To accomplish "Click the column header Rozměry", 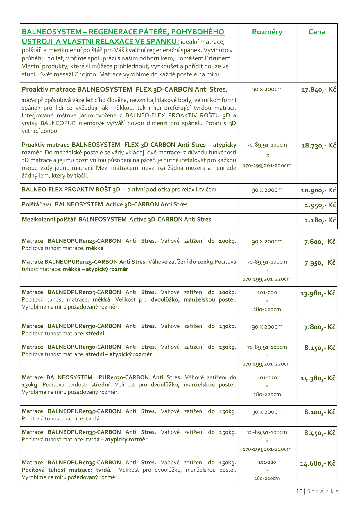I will coord(267,32).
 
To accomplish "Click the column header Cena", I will coord(317,32).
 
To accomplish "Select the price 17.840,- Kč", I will coord(318,90).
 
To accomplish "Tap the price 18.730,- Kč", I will coord(318,145).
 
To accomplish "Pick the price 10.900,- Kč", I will coord(318,190).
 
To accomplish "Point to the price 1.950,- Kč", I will coord(320,206).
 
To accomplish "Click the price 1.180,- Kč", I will coord(320,220).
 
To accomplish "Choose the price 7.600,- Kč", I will coord(320,242).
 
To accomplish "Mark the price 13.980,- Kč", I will coord(318,293).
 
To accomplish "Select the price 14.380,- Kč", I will coord(318,378).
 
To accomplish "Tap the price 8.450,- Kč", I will coord(320,433).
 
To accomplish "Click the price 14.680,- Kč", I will coord(318,463).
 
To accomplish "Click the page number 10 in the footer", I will coord(299,491).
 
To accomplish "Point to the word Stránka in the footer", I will coord(323,491).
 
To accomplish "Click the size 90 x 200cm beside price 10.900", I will coord(267,190).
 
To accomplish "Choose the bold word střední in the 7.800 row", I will coord(95,334).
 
